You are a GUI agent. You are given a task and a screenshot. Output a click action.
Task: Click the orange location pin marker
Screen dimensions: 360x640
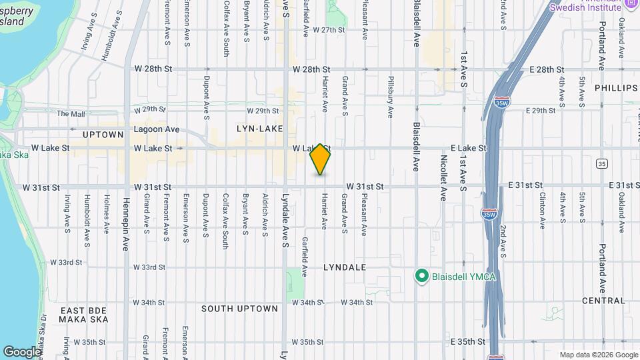[x=321, y=159]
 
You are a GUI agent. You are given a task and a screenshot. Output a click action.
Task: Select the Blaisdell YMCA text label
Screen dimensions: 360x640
[x=464, y=276]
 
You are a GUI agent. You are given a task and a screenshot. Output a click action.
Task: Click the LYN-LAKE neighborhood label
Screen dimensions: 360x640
[x=259, y=129]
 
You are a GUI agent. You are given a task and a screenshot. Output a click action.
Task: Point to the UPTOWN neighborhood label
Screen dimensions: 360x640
[x=103, y=135]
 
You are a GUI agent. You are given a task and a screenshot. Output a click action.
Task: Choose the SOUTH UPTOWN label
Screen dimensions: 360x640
[x=239, y=309]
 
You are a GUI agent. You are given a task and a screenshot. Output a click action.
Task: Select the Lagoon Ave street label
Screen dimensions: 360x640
[x=157, y=129]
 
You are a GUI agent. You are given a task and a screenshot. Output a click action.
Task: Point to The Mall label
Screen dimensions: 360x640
[x=71, y=114]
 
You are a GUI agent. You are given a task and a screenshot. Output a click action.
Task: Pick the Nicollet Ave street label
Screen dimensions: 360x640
[x=443, y=178]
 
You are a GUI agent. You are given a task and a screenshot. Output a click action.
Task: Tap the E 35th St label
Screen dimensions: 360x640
[x=468, y=341]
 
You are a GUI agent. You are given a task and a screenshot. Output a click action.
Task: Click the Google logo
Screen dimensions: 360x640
[x=22, y=351]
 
